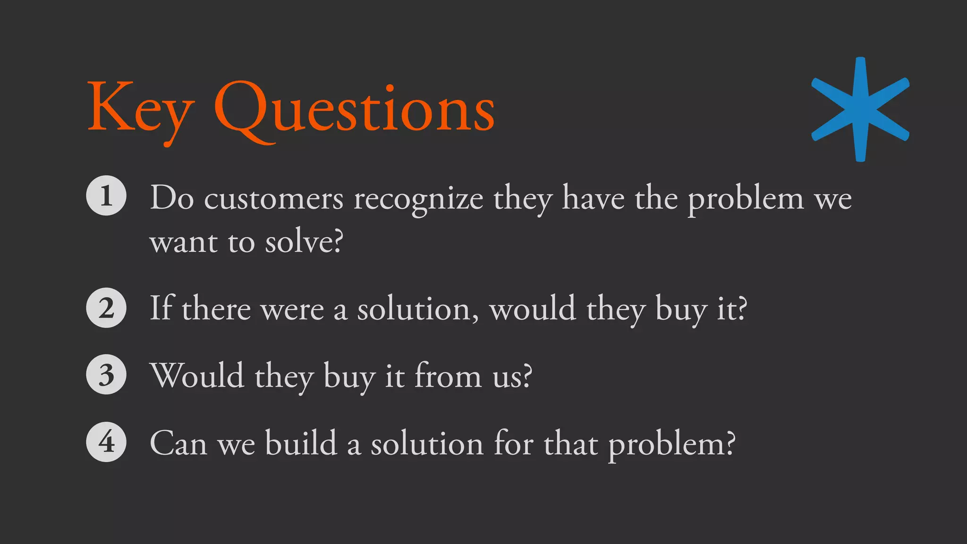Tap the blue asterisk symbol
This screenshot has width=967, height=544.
pyautogui.click(x=860, y=109)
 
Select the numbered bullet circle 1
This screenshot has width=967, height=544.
pyautogui.click(x=106, y=195)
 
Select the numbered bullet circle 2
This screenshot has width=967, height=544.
pyautogui.click(x=106, y=308)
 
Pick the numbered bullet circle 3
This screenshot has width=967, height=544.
pyautogui.click(x=106, y=374)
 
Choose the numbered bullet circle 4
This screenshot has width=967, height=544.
pyautogui.click(x=106, y=442)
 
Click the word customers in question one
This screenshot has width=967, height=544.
pyautogui.click(x=274, y=198)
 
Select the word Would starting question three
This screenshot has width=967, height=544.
pyautogui.click(x=197, y=375)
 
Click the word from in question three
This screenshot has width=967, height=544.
pyautogui.click(x=448, y=375)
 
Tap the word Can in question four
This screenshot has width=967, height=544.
pyautogui.click(x=178, y=444)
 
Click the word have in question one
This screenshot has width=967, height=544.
pyautogui.click(x=593, y=198)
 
